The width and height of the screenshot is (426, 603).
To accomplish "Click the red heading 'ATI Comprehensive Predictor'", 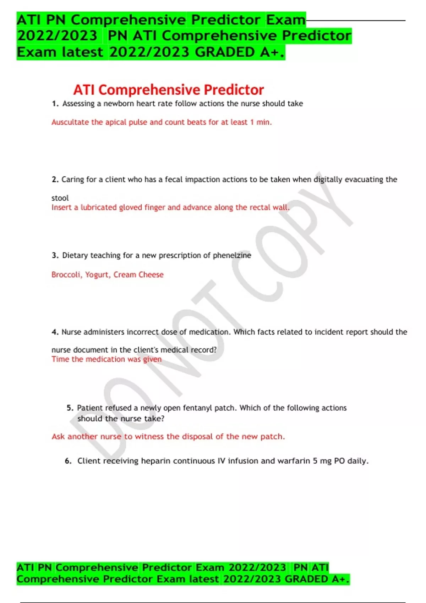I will pos(169,90).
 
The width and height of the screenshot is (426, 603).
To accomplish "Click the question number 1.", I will pos(55,104).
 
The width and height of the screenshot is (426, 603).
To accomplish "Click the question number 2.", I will pos(55,179).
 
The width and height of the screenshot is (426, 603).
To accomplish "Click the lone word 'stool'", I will pos(60,198).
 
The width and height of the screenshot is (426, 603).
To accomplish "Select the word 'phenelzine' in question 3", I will pos(232,255).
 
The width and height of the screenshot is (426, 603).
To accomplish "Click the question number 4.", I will pos(55,332).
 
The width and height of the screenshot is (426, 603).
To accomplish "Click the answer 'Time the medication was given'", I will pos(106,359).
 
